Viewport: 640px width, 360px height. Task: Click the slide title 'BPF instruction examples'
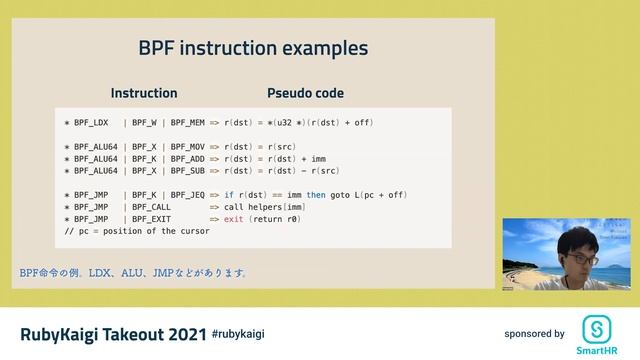253,48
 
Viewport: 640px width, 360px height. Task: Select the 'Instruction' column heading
144,93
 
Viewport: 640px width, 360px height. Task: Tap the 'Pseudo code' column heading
305,93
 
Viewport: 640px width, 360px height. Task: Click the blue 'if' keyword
229,194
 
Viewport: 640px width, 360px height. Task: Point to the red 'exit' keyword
233,218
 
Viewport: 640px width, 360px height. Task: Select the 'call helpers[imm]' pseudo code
264,206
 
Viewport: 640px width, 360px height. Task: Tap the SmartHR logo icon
597,329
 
